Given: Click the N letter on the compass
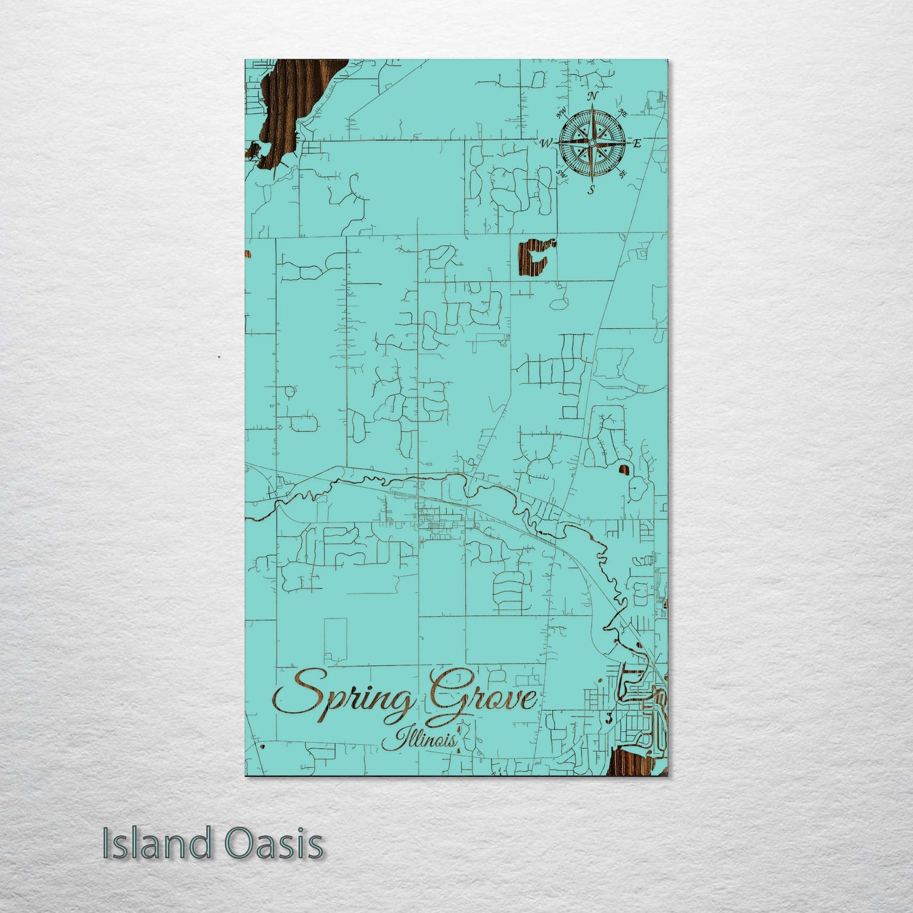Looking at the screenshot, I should coord(593,96).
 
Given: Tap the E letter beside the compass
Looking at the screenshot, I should coord(637,143).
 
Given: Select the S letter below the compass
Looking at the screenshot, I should coord(591,189).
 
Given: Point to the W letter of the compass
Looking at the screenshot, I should coord(545,143).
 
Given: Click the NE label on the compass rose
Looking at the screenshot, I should coord(622,114).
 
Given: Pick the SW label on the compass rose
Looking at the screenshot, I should coord(561,172).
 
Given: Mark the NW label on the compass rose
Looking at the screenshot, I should coord(560,114).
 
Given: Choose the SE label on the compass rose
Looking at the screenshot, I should coord(622,173).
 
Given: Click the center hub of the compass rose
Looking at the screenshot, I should coord(591,143).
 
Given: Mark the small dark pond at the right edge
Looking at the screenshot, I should coord(624,469).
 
